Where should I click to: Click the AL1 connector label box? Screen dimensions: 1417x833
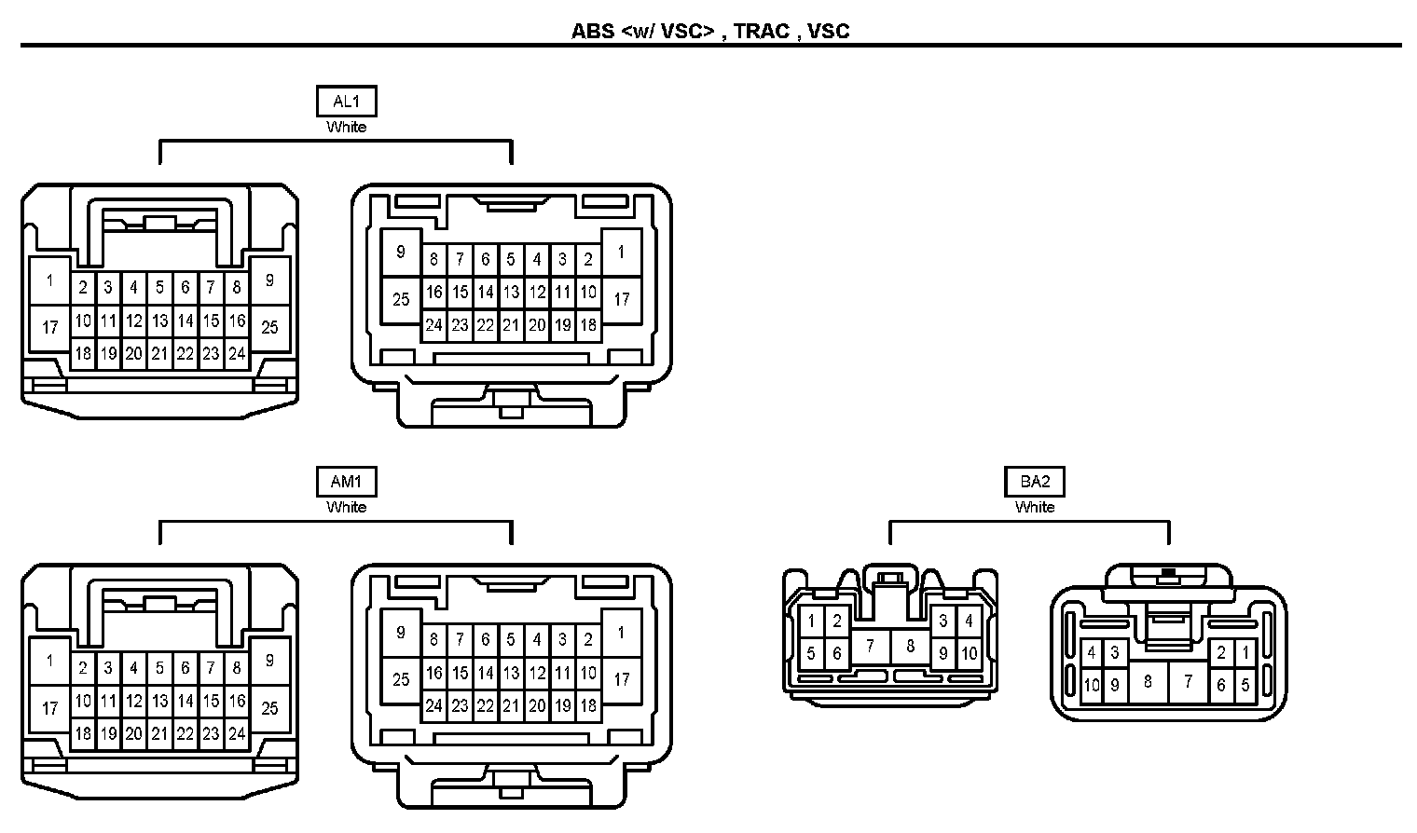(346, 102)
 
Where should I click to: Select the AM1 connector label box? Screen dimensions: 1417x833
(346, 482)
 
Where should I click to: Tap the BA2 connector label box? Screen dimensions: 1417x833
(1035, 482)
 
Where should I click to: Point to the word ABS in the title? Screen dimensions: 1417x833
(593, 32)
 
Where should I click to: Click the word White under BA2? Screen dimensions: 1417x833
(1035, 507)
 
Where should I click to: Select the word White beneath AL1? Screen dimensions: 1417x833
(346, 127)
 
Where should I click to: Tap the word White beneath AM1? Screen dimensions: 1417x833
(346, 507)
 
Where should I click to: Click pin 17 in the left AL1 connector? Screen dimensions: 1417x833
(50, 327)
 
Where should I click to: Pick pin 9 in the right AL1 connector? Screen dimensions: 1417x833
(401, 252)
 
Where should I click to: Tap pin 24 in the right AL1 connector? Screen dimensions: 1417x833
(433, 325)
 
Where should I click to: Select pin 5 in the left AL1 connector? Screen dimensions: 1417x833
(160, 288)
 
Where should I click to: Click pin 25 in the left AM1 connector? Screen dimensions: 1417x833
(269, 707)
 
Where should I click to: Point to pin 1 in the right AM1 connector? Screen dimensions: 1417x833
(621, 633)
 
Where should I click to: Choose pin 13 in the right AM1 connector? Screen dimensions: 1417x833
(511, 673)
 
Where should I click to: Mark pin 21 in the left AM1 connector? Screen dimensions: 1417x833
(160, 733)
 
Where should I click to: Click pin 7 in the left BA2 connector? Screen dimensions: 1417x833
(871, 645)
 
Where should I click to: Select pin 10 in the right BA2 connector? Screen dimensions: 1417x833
(1092, 685)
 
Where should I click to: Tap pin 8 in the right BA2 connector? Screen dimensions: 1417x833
(1148, 681)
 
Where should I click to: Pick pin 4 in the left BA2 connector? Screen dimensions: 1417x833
(969, 621)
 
